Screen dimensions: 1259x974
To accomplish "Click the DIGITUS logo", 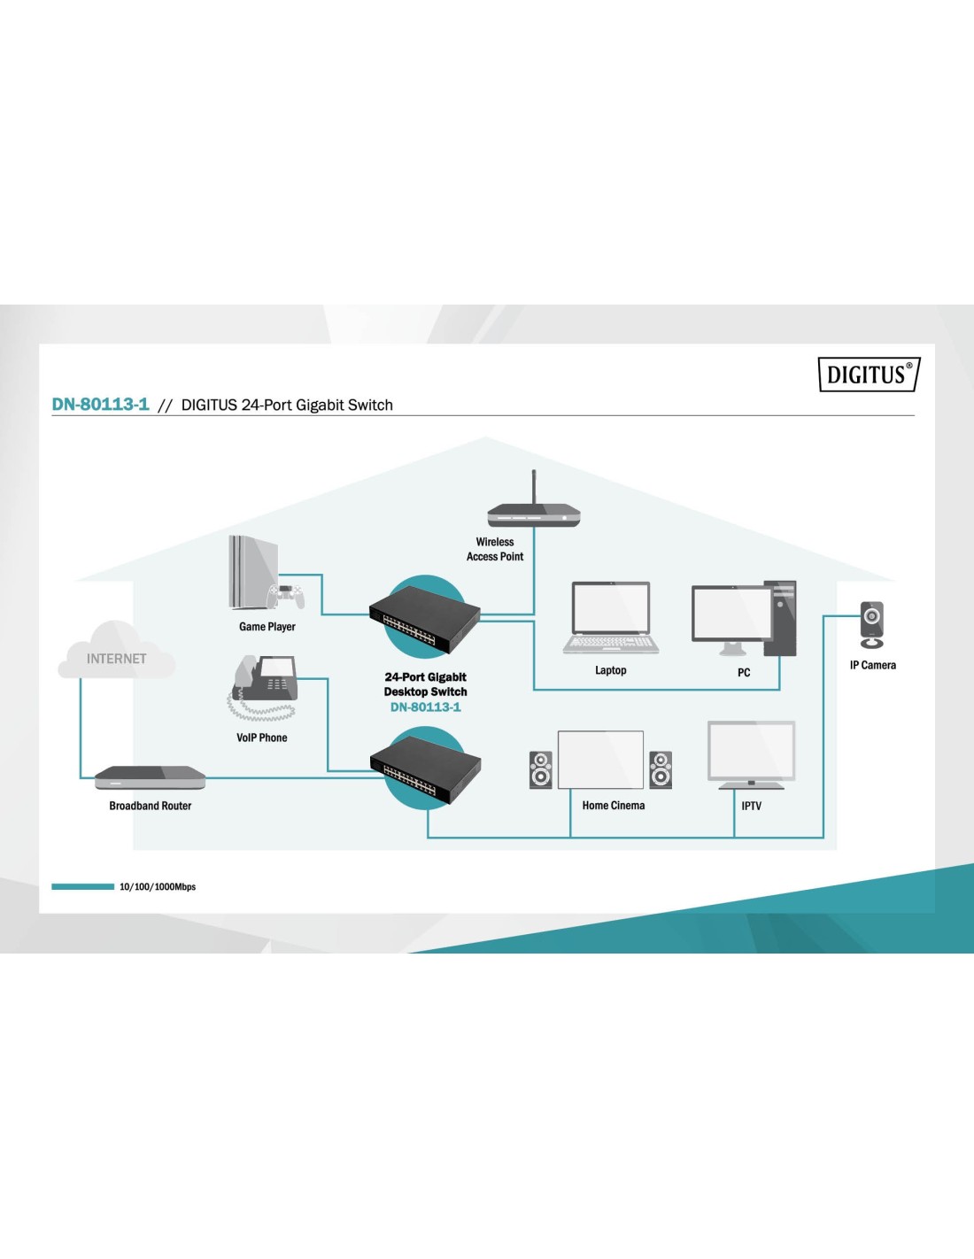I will tap(869, 375).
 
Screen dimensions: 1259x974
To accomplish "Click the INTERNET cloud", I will tap(116, 653).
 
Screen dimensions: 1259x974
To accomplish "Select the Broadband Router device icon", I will tap(150, 777).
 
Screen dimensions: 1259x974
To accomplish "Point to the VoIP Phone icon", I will tap(263, 687).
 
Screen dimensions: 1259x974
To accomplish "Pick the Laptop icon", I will tap(611, 618).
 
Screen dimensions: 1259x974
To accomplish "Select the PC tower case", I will tap(780, 617).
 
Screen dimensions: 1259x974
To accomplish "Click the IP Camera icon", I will tap(872, 624).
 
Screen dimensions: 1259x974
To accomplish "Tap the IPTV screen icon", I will tap(752, 754).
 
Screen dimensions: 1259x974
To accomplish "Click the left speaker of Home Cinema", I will tap(540, 769).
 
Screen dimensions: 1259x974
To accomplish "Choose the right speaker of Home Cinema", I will tap(661, 769).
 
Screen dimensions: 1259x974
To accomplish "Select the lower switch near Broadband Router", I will tap(425, 769).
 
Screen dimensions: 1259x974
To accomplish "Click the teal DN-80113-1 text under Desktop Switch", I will tap(425, 707).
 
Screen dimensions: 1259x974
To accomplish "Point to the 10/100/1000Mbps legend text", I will tap(158, 886).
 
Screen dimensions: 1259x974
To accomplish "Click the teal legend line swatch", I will tap(82, 886).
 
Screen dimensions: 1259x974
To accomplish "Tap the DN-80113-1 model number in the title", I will tap(100, 405).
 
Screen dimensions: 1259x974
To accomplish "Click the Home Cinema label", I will tap(614, 806).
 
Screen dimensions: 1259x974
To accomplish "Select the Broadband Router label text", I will tap(151, 806).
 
